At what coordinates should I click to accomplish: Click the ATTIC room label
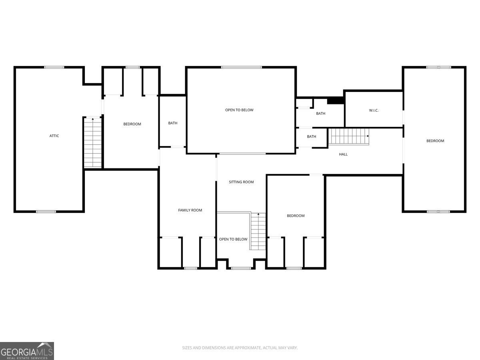[54, 136]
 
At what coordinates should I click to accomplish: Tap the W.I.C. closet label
[374, 110]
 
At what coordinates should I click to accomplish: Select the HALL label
[343, 154]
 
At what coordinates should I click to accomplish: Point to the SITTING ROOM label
[241, 182]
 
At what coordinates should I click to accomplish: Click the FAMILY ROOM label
[190, 210]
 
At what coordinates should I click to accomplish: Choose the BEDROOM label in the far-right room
[435, 141]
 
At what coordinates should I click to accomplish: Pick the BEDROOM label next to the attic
[132, 124]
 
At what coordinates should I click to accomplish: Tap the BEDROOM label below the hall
[296, 216]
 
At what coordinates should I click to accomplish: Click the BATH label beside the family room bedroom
[173, 123]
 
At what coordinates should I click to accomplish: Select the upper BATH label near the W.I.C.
[321, 114]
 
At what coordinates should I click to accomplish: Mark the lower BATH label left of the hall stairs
[312, 137]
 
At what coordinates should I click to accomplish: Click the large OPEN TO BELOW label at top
[239, 110]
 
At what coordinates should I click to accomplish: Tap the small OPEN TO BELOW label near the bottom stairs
[233, 239]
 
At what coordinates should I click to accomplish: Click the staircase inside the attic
[93, 142]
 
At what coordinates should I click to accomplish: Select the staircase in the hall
[348, 136]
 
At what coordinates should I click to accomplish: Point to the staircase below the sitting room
[258, 231]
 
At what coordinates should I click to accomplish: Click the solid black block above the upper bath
[336, 100]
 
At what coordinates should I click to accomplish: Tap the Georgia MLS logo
[27, 351]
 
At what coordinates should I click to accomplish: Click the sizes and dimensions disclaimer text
[240, 348]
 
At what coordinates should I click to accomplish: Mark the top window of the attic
[54, 67]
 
